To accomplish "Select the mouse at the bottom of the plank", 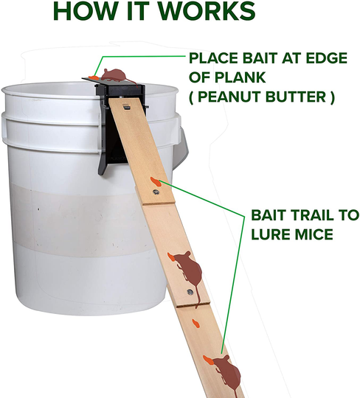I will point(227,373).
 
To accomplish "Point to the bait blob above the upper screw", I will point(153,181).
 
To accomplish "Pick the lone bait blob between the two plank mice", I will point(196,322).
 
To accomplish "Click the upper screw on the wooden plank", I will point(156,192).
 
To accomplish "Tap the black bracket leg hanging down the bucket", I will point(105,158).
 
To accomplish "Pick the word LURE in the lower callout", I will point(271,235).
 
